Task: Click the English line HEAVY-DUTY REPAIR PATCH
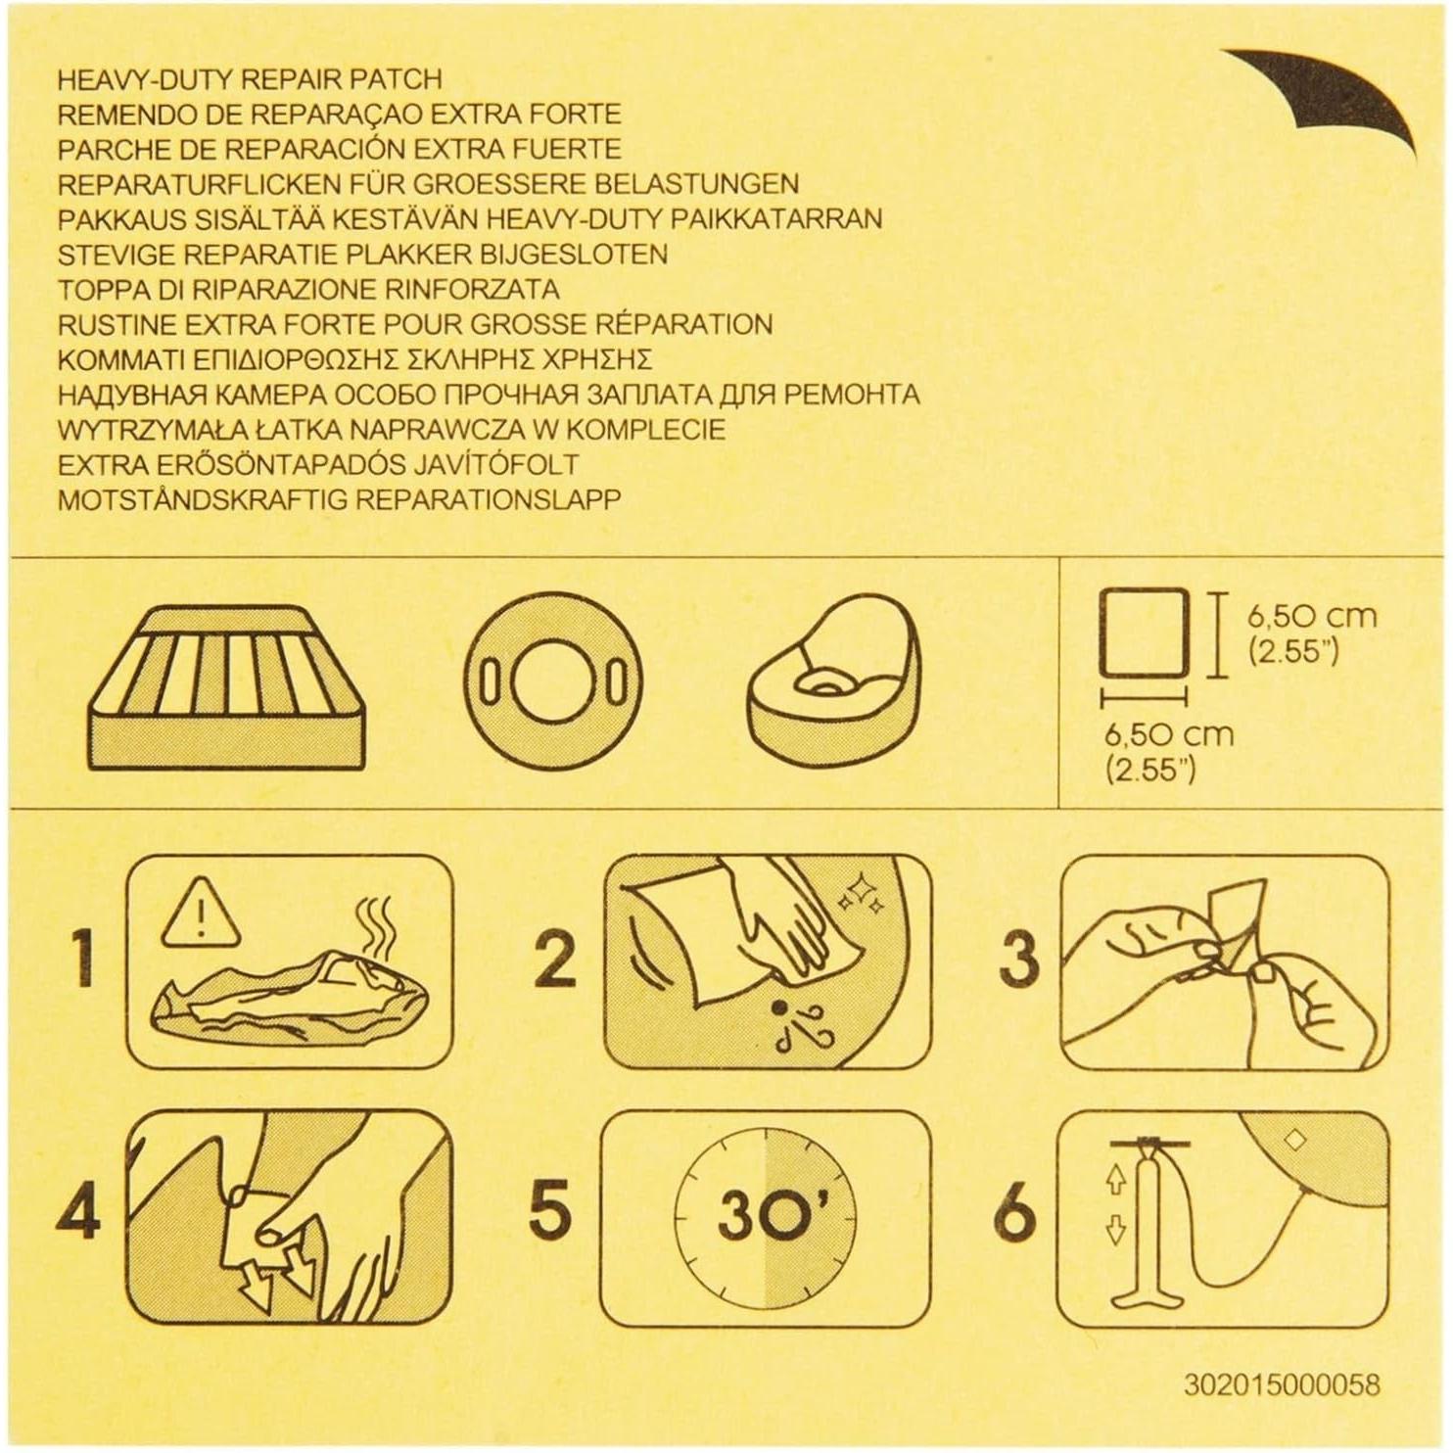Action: click(x=250, y=79)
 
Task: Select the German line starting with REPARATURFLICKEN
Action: click(x=428, y=184)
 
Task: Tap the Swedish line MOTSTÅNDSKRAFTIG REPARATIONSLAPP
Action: click(x=339, y=499)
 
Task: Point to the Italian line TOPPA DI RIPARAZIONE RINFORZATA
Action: click(x=308, y=290)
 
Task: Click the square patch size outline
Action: click(x=1143, y=632)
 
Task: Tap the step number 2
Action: click(x=554, y=960)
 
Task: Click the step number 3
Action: click(x=1017, y=960)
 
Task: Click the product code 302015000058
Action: click(x=1281, y=1384)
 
